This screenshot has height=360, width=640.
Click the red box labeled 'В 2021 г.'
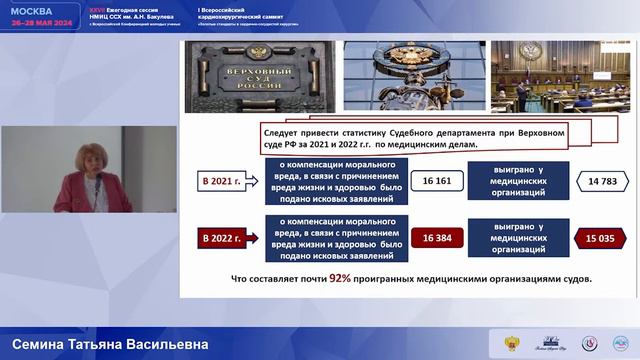pos(220,182)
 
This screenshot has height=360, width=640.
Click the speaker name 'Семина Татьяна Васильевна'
pos(104,345)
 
